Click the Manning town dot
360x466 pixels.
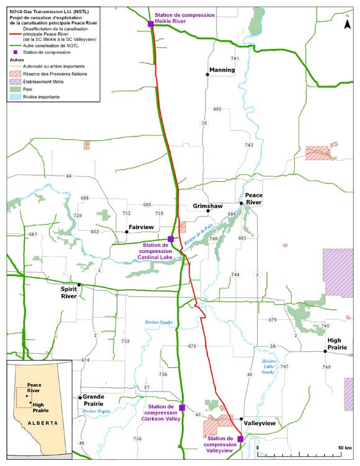pos(208,74)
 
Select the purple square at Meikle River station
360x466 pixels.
pos(151,24)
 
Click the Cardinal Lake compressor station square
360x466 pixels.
pos(171,239)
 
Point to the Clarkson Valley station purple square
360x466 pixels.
pos(182,408)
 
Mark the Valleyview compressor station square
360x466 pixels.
pos(240,439)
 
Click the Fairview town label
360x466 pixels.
pos(141,228)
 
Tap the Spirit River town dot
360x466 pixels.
pos(79,285)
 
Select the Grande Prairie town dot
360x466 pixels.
pos(79,397)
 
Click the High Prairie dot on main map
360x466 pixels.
pos(325,351)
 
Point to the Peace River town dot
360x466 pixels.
pos(241,203)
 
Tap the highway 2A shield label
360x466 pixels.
pos(272,346)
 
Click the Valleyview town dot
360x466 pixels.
pos(241,419)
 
